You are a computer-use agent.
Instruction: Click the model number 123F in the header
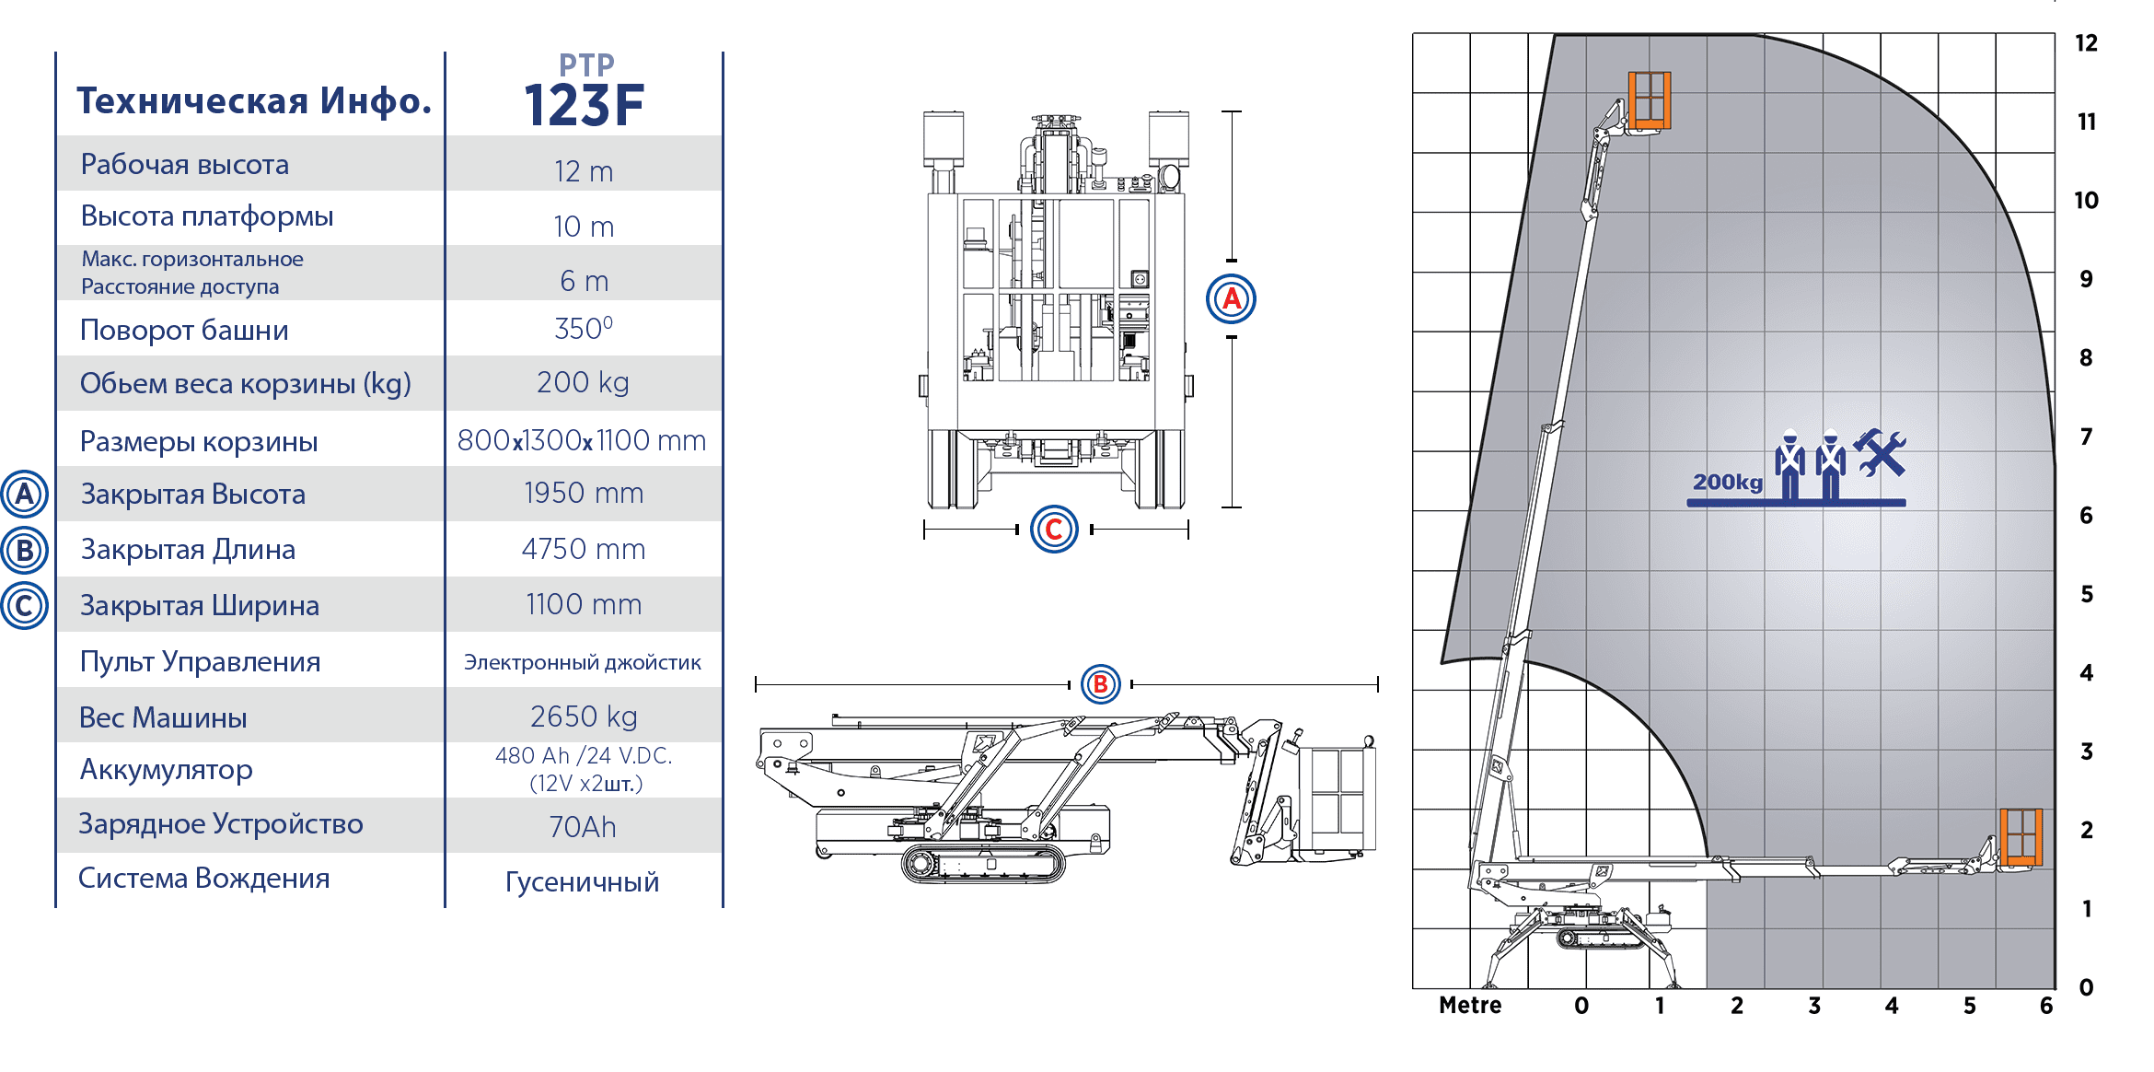coord(584,105)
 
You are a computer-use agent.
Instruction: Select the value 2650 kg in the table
coord(584,717)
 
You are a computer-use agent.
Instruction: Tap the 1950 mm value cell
coord(584,494)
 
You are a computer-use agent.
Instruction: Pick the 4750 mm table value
coord(584,549)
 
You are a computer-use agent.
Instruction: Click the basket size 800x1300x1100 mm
coord(582,440)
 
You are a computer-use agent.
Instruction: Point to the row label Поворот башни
coord(184,330)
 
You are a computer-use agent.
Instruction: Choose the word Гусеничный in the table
coord(583,881)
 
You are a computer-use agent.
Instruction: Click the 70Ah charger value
coord(583,827)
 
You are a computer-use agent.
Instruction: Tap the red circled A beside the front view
coord(1231,299)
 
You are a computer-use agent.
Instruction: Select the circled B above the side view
coord(1100,684)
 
